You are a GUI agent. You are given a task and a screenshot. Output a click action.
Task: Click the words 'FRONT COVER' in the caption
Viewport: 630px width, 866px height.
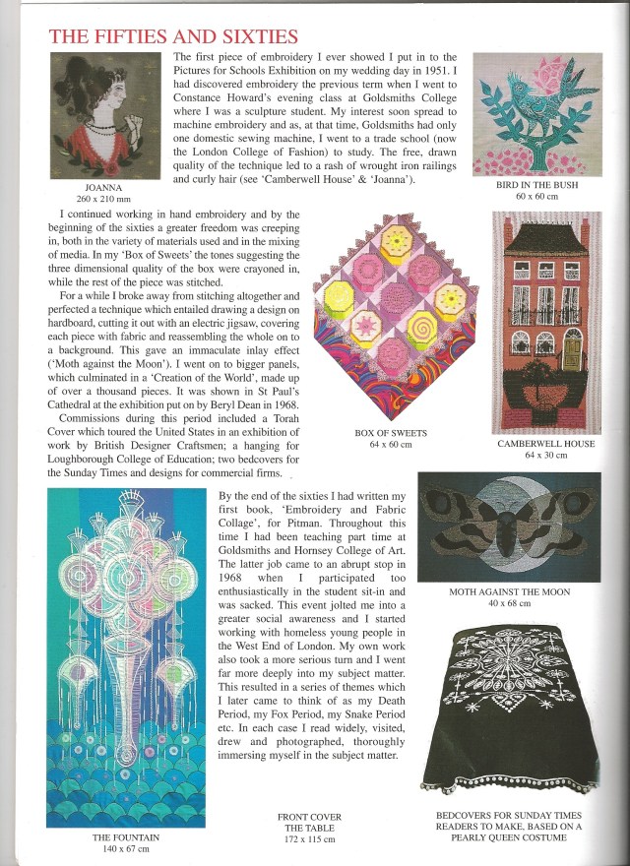tap(310, 817)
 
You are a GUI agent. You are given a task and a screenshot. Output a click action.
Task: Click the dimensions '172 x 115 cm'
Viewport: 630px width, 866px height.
tap(310, 839)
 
